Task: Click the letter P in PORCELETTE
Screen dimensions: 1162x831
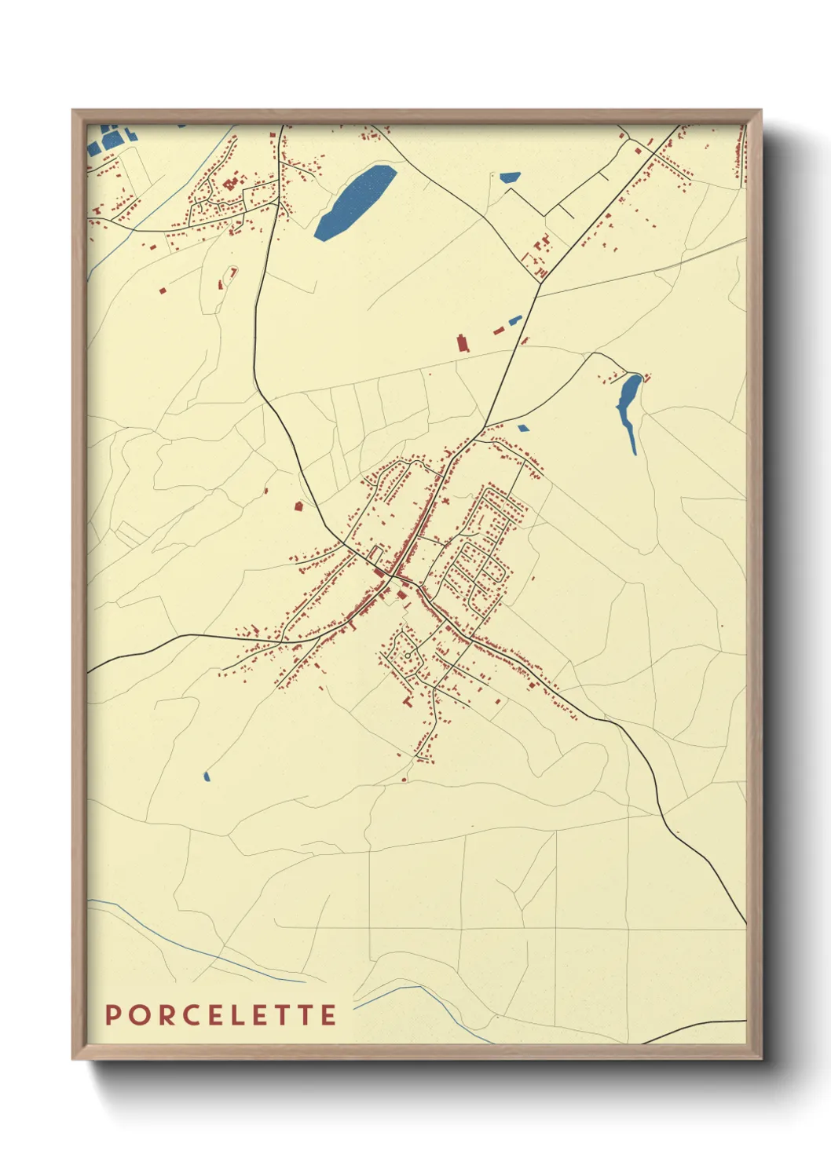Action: point(113,1015)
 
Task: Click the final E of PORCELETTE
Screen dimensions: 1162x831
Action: point(329,1015)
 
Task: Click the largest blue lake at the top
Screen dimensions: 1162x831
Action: point(354,202)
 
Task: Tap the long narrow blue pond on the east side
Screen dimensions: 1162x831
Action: point(628,405)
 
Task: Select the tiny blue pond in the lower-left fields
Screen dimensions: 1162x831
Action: point(207,776)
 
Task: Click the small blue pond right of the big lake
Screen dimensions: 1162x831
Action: point(510,178)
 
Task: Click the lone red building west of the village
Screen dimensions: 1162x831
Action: point(298,506)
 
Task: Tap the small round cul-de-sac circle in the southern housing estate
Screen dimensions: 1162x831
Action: point(407,654)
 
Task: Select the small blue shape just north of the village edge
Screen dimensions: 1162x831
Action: point(523,429)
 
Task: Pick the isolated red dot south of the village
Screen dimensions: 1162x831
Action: point(405,779)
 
